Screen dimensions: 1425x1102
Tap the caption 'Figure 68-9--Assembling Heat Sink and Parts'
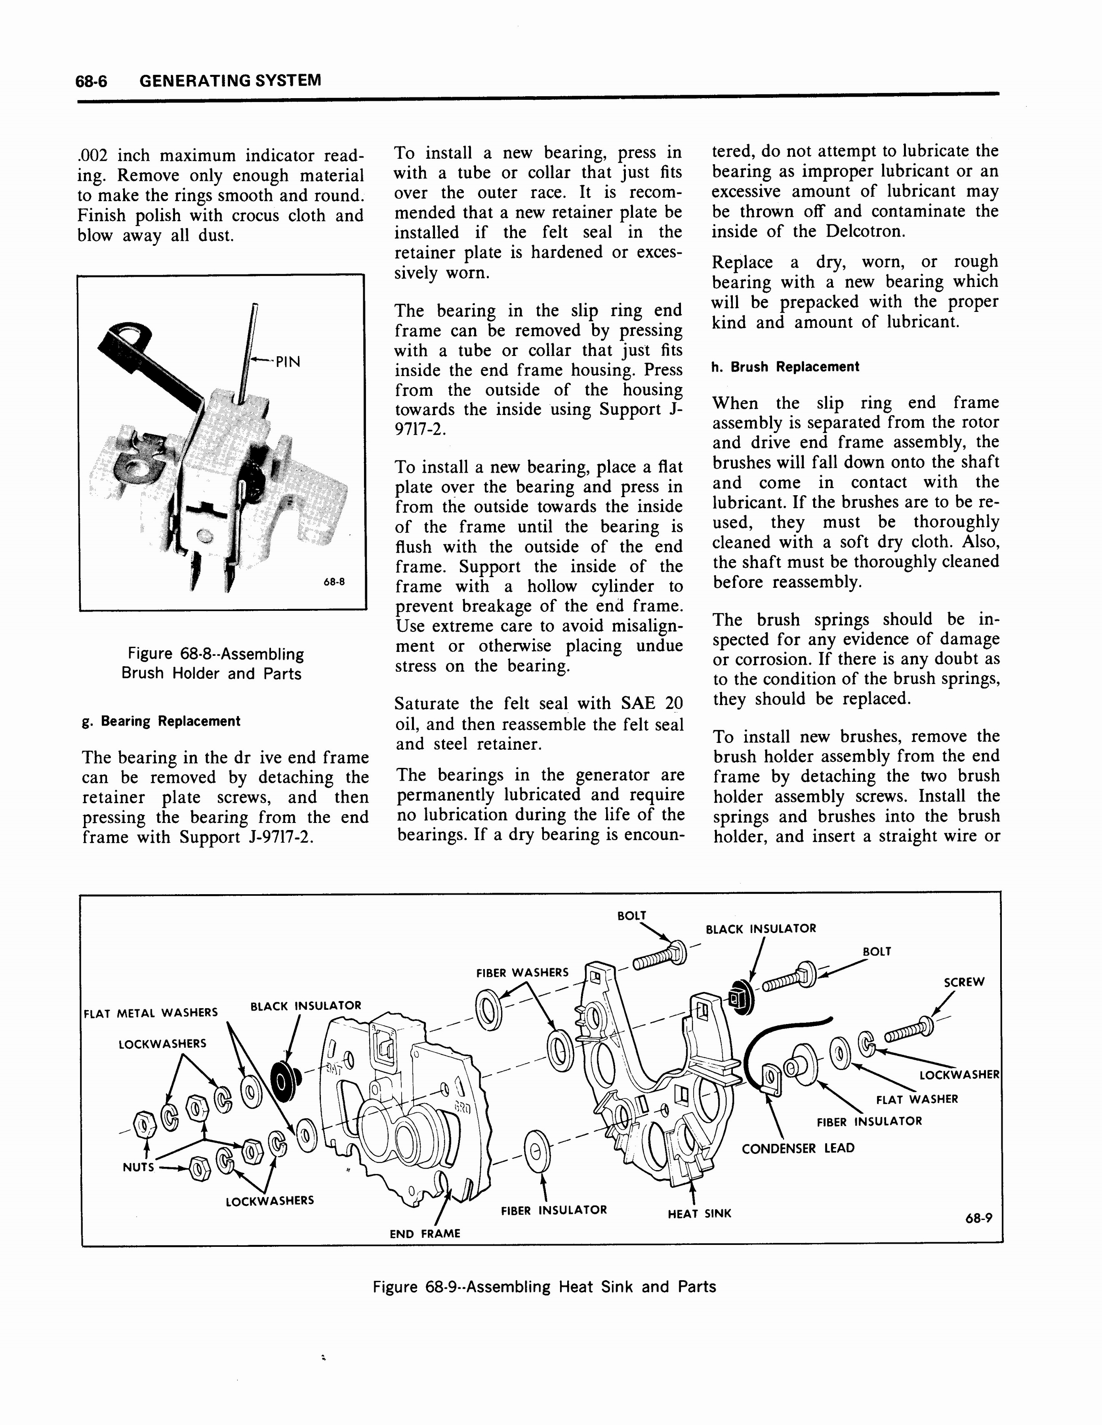pyautogui.click(x=544, y=1287)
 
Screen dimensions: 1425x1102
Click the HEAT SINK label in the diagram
pyautogui.click(x=699, y=1214)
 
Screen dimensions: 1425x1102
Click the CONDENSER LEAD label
pyautogui.click(x=798, y=1148)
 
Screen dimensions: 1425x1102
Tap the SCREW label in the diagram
pyautogui.click(x=964, y=982)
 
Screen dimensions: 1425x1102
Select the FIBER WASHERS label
pyautogui.click(x=522, y=973)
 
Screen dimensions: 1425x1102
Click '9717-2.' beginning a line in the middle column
pyautogui.click(x=420, y=430)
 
